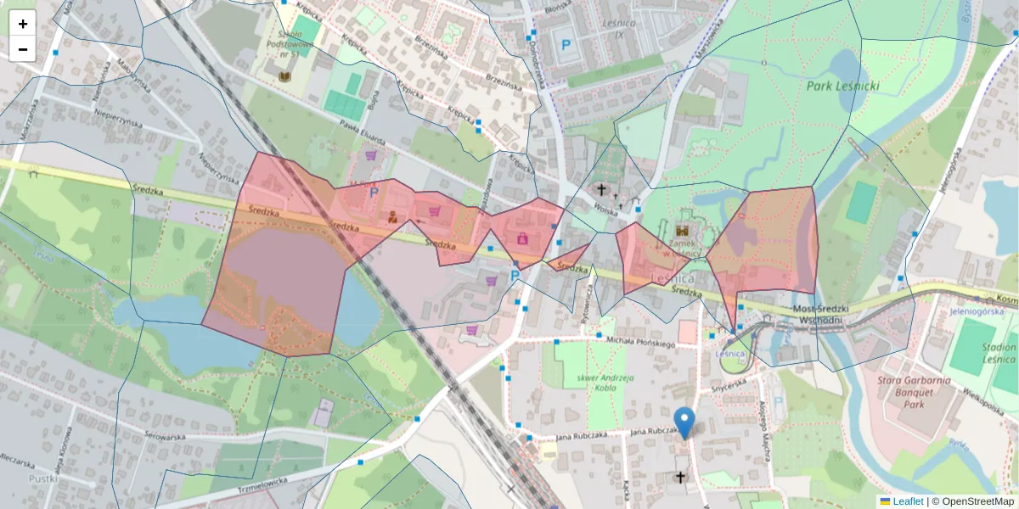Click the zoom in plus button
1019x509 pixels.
(22, 24)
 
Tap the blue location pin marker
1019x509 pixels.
(684, 422)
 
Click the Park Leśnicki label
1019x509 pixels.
(842, 86)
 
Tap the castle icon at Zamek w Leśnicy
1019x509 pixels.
(682, 230)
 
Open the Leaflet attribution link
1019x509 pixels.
(908, 501)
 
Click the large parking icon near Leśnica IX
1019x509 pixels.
(562, 43)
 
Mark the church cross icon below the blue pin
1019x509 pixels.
(679, 478)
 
